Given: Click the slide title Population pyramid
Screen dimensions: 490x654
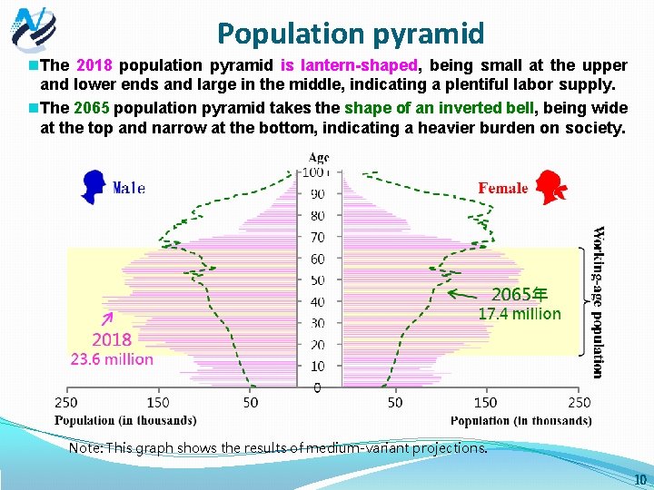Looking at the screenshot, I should [350, 34].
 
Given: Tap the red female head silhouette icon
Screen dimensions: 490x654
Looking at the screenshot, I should [552, 187].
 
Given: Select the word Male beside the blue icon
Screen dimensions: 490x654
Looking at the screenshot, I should [128, 189].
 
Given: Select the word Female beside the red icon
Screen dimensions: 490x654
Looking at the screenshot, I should [502, 188].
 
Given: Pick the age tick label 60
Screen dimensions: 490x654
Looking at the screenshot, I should [317, 259].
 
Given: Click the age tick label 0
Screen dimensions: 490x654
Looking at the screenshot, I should [317, 387].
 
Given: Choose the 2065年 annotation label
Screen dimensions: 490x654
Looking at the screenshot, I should [520, 294].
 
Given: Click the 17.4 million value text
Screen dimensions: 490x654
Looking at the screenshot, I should [520, 314].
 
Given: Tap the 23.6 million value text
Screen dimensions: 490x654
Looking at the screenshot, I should [112, 358].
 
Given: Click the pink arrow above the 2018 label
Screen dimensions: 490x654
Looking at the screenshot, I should [106, 318].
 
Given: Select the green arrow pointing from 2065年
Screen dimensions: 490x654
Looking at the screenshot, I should [466, 293].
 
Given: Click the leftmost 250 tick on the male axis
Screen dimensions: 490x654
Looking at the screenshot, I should [66, 402].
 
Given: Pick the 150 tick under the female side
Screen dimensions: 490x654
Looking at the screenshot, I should [486, 402].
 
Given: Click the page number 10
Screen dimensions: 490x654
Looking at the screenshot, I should [639, 479].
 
